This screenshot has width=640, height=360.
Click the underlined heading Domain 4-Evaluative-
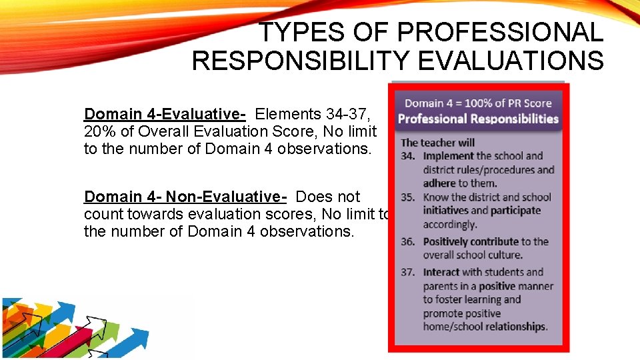click(x=165, y=114)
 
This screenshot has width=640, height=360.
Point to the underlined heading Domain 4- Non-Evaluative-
click(x=185, y=197)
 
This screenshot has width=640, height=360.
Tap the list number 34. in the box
click(x=409, y=156)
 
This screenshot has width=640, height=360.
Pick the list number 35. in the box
click(x=409, y=197)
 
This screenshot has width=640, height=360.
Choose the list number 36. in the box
click(x=409, y=241)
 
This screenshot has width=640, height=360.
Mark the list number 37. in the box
click(x=409, y=272)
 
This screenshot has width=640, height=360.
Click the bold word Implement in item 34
click(x=448, y=156)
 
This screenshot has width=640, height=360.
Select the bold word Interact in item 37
click(x=441, y=272)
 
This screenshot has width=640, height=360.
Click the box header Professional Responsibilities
click(x=478, y=119)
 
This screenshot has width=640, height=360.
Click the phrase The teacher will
click(x=437, y=142)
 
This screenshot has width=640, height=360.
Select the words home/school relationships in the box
click(x=485, y=327)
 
